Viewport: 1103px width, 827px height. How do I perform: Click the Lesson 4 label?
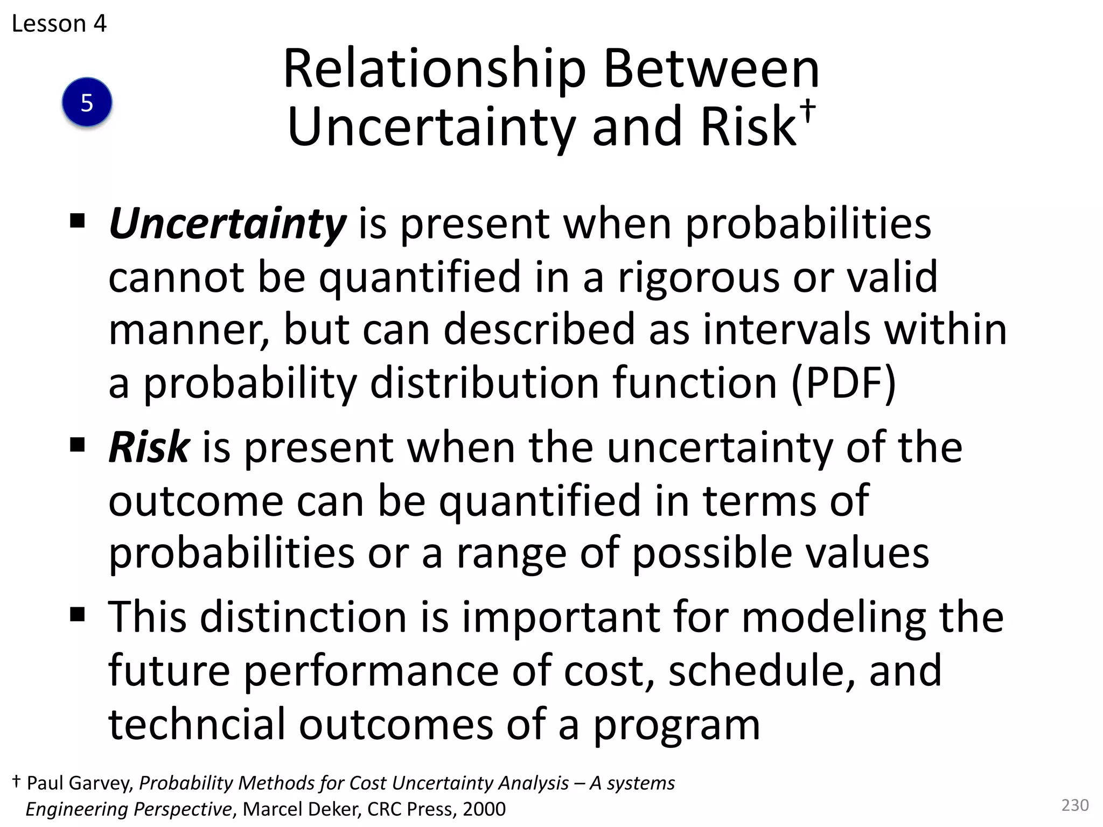point(59,24)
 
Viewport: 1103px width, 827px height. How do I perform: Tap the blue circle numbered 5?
point(87,102)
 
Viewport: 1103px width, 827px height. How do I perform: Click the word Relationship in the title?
point(434,70)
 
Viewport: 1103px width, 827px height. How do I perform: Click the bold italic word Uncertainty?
point(227,224)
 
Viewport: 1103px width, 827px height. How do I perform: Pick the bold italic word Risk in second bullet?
point(149,447)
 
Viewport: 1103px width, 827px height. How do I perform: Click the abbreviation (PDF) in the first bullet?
point(843,383)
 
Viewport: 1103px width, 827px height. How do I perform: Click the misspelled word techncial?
point(197,724)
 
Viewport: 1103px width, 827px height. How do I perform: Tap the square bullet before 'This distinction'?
point(78,614)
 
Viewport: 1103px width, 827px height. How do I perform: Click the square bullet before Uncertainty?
point(78,221)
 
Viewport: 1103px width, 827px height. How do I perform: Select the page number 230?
point(1074,805)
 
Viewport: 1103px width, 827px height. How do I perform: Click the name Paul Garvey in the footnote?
point(80,783)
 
